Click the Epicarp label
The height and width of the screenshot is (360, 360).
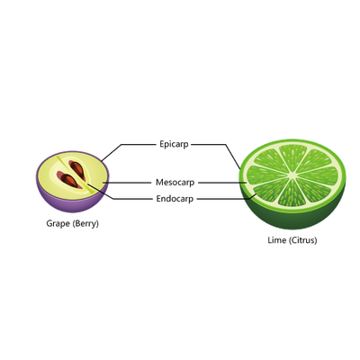[174, 145]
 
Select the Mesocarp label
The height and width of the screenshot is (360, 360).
[175, 183]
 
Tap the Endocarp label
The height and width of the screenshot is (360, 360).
[175, 199]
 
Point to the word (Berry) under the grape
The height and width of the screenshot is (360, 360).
[85, 224]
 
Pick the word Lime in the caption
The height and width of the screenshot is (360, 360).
[277, 240]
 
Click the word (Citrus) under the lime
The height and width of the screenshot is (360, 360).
[303, 240]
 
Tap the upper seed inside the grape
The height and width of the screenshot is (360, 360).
[77, 169]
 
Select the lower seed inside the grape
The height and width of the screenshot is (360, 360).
[68, 180]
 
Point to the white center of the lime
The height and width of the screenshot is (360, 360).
[292, 175]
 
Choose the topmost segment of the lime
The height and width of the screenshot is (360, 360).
[293, 157]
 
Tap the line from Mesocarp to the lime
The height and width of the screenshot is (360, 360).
[222, 183]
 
